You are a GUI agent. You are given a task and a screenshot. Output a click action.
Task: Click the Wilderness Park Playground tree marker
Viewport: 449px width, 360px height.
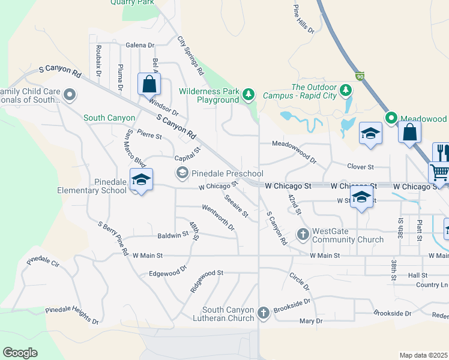tap(249, 94)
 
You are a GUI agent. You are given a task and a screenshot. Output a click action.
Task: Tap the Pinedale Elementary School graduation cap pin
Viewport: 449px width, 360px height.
tap(141, 180)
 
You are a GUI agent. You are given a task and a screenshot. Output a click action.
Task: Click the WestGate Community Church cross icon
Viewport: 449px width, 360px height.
tap(303, 233)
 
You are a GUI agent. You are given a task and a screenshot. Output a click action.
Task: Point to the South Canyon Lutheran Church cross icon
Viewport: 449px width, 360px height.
tap(263, 313)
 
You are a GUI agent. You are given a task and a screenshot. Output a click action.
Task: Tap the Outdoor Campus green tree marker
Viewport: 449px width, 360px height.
tap(345, 91)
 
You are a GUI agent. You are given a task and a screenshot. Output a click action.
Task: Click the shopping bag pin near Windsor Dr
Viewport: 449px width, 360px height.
tap(149, 85)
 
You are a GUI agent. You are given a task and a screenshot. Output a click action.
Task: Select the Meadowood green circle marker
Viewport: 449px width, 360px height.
tap(391, 118)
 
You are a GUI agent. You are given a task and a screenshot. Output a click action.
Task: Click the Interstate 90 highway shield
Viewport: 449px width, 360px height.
tap(360, 76)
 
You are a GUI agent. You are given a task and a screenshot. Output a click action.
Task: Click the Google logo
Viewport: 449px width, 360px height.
tap(20, 353)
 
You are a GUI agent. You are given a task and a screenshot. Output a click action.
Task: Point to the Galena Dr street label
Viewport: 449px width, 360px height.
tap(140, 45)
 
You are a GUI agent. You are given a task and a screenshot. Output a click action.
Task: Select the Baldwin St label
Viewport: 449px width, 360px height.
tap(173, 236)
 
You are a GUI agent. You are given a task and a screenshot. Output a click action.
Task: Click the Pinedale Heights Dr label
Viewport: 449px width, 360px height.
tap(72, 316)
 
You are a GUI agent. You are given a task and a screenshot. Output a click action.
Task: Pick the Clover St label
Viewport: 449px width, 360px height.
tap(360, 166)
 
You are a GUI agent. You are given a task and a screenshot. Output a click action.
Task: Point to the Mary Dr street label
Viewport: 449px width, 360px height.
tap(311, 322)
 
